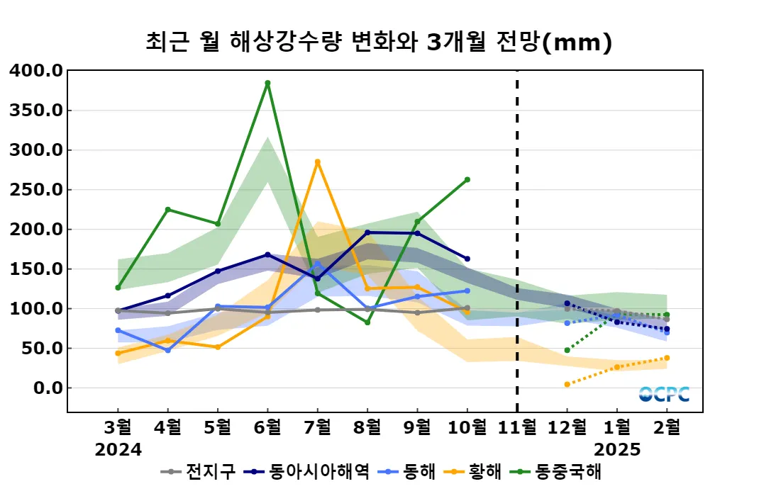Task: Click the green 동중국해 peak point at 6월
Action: click(267, 83)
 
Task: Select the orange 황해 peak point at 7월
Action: click(317, 162)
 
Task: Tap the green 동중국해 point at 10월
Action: click(467, 180)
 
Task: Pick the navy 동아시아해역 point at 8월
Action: click(367, 232)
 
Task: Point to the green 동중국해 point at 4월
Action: click(167, 210)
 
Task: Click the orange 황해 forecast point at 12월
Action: click(567, 384)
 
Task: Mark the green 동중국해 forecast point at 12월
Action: click(567, 350)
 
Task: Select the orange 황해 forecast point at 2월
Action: click(667, 358)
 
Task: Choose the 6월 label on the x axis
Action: click(267, 427)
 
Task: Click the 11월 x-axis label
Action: click(517, 427)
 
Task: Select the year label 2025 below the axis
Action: click(617, 449)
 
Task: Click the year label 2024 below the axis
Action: click(118, 449)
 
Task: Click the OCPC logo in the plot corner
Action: click(663, 394)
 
